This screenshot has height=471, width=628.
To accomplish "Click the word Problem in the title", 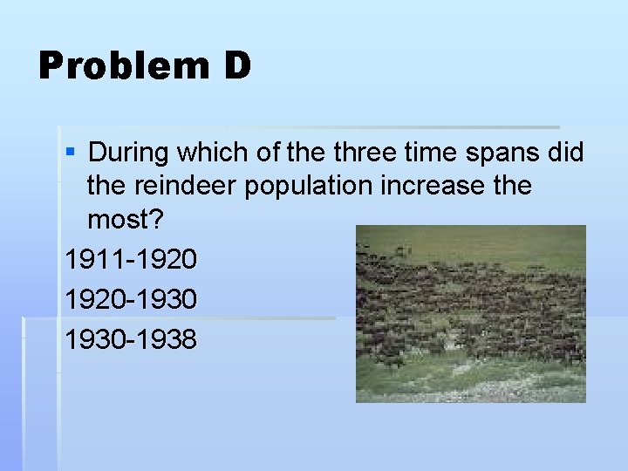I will pos(122,66).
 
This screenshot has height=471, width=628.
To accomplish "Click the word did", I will pos(567,154).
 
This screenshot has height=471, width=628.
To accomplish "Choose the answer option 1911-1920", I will pos(131,260).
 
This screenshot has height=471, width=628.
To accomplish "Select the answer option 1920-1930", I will pos(131,299).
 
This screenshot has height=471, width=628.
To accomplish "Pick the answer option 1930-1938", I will pos(131,339).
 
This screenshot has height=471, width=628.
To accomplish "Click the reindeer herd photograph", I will pos(470,314).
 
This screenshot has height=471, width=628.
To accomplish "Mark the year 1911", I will pos(92,260).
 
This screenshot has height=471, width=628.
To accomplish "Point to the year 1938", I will pos(169,339).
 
